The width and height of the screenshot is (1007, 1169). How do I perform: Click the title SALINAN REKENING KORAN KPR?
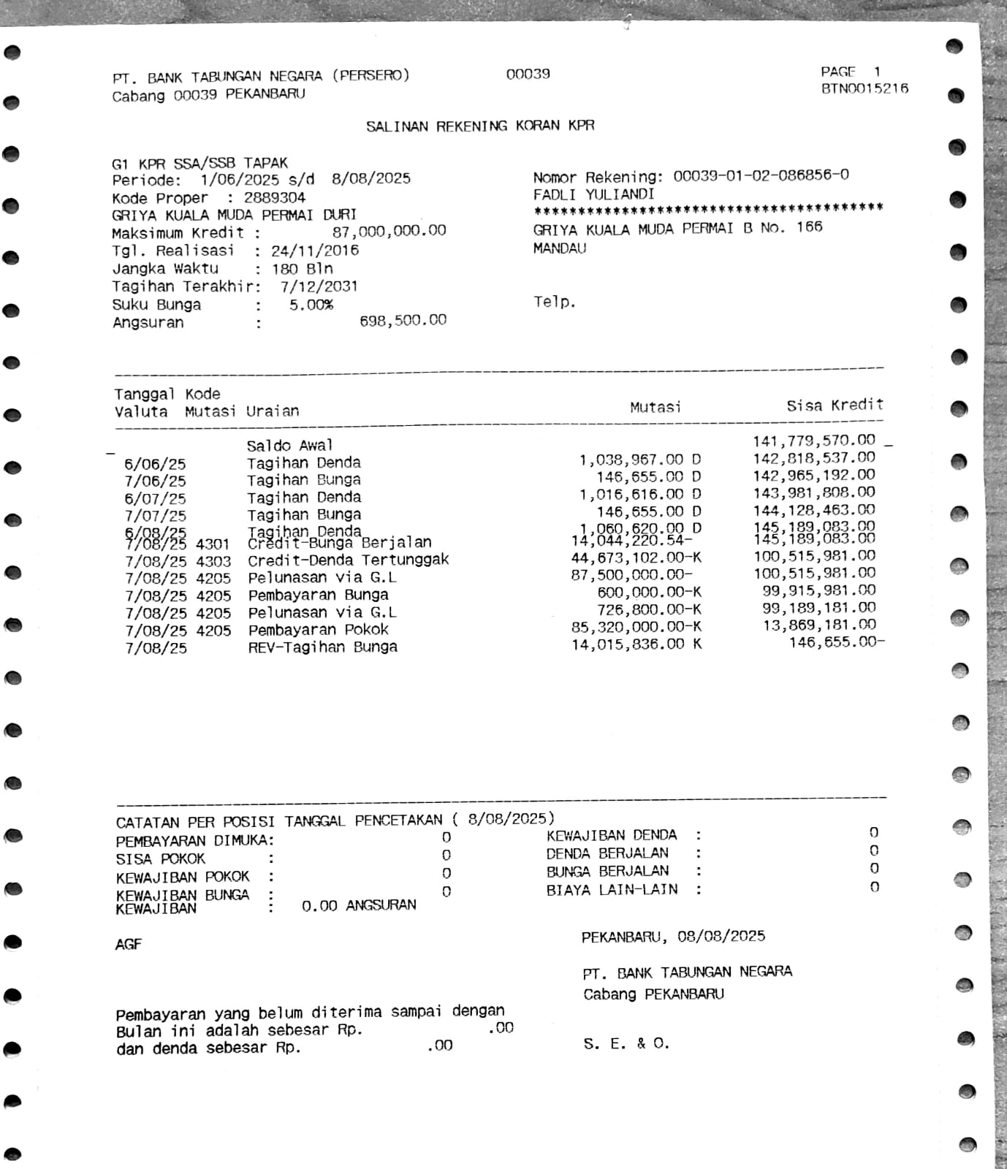[x=480, y=126]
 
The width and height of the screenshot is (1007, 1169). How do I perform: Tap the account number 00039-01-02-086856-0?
[x=761, y=175]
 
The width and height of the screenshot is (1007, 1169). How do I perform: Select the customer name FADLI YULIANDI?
[x=593, y=194]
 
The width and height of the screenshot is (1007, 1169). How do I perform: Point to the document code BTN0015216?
[x=864, y=88]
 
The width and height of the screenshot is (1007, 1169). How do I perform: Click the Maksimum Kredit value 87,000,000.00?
[x=389, y=232]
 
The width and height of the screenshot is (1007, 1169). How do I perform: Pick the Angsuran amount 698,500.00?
[x=403, y=320]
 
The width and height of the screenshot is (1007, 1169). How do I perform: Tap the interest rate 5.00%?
[x=311, y=305]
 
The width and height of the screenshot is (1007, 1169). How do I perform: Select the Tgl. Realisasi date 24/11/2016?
[x=315, y=251]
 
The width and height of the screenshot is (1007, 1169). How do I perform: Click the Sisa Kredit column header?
[x=835, y=405]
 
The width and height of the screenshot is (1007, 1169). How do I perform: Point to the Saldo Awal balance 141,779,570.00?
[x=813, y=441]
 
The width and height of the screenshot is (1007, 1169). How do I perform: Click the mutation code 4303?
[x=213, y=561]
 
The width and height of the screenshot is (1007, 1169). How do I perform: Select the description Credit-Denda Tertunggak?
[x=348, y=560]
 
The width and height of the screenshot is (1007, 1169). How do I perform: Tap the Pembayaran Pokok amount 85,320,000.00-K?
[x=636, y=627]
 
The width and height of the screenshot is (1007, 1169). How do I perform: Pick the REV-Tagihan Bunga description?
[x=322, y=647]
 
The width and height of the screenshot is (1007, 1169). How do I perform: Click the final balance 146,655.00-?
[x=836, y=642]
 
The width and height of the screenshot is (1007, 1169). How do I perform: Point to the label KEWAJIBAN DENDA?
[x=612, y=835]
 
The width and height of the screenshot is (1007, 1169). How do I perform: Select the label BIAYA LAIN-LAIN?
[x=612, y=890]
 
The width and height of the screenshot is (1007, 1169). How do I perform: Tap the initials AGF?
[x=128, y=944]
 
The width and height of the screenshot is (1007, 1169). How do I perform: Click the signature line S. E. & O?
[x=626, y=1043]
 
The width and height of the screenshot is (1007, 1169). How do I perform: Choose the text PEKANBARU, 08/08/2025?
[x=673, y=937]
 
